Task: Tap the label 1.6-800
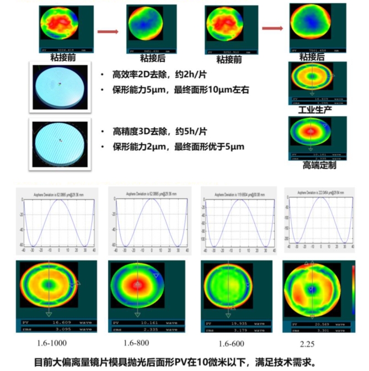point(136,343)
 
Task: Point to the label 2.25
point(307,343)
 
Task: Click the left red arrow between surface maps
point(108,32)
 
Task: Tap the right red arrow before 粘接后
point(272,29)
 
